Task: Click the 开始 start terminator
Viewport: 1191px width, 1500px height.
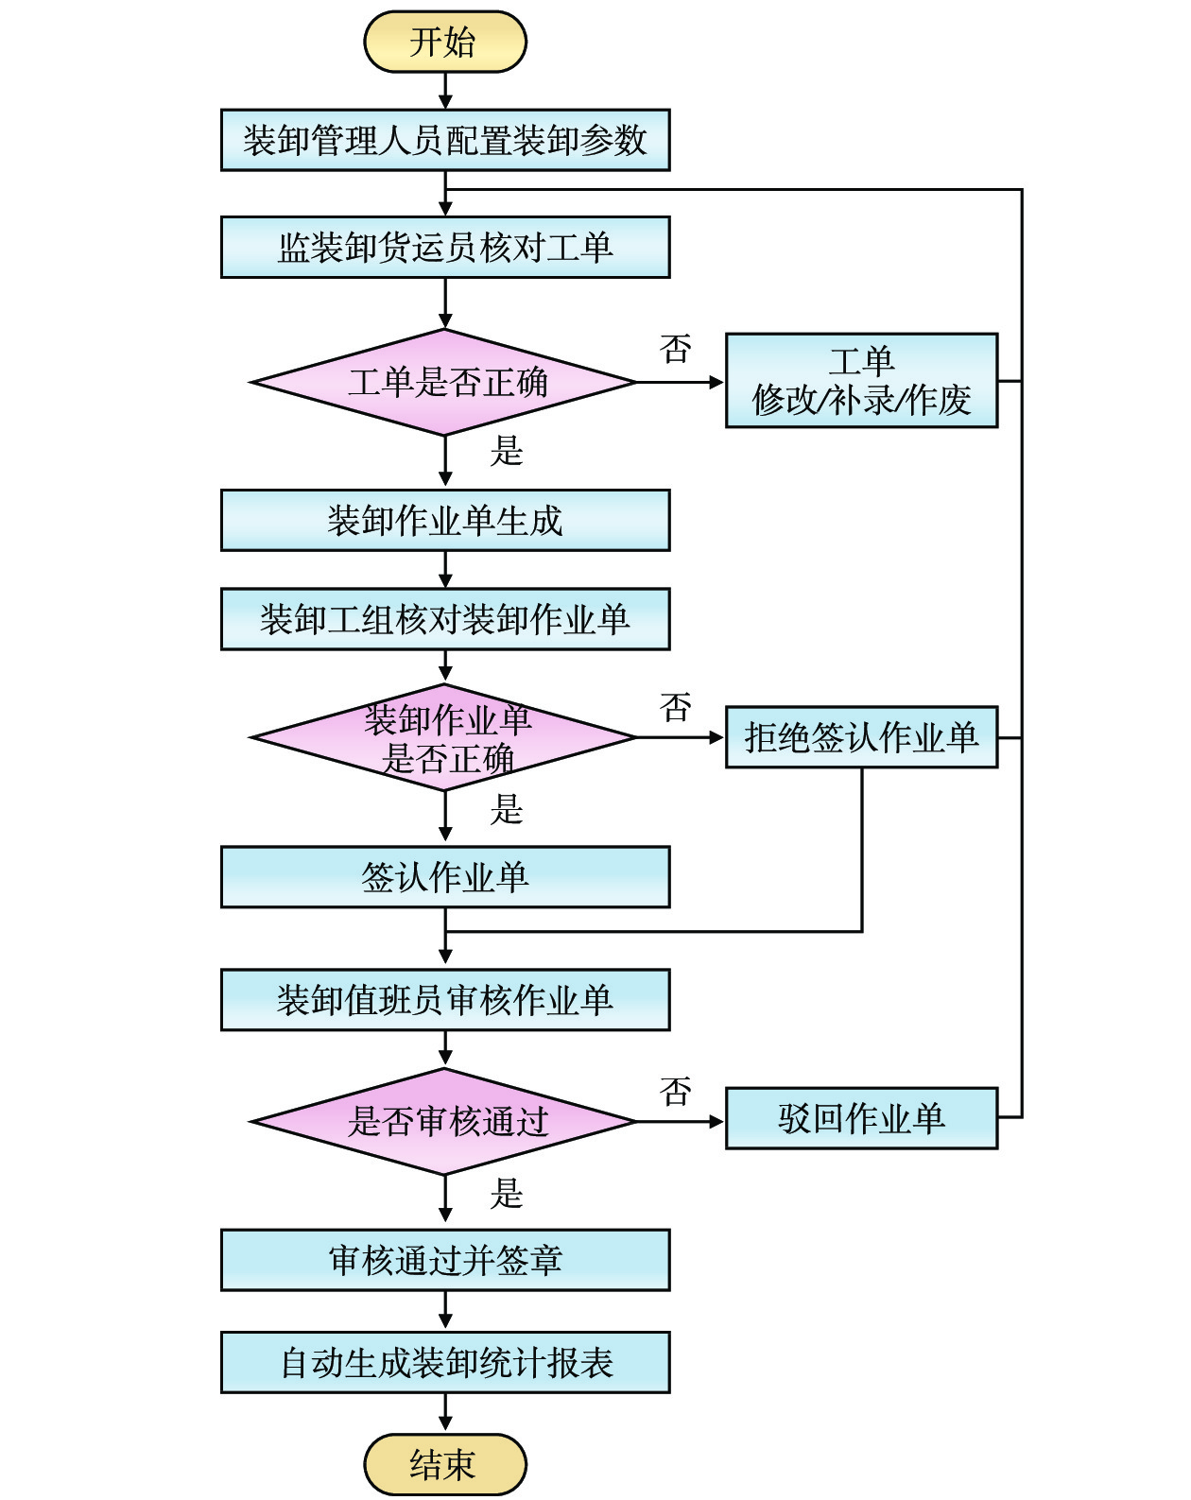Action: coord(444,42)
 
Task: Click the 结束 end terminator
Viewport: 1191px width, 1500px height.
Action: coord(444,1464)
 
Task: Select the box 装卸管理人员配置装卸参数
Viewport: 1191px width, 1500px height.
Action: coord(444,140)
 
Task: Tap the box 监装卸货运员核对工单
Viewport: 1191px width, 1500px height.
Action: coord(444,247)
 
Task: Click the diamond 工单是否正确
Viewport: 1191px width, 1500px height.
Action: coord(444,382)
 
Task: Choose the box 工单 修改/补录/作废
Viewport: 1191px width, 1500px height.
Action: coord(861,380)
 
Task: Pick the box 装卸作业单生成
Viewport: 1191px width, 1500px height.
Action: coord(444,520)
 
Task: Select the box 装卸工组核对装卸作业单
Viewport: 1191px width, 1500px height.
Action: coord(444,619)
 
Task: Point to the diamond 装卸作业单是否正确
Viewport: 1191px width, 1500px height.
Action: coord(444,737)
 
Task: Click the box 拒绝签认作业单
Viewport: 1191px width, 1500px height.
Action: coord(861,737)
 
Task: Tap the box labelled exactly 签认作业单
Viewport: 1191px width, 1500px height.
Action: coord(444,877)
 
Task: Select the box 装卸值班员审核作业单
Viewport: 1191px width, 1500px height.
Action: coord(444,999)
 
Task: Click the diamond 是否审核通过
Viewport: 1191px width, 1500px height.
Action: coord(444,1121)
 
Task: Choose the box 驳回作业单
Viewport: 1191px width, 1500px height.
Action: coord(861,1118)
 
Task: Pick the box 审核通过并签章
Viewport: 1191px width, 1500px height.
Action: coord(444,1260)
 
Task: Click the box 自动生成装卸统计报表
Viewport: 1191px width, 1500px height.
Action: coord(444,1362)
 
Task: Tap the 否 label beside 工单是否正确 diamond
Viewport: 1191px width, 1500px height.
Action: coord(676,349)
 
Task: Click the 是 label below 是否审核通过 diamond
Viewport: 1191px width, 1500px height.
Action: coord(507,1193)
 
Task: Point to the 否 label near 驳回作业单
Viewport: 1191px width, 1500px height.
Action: coord(676,1092)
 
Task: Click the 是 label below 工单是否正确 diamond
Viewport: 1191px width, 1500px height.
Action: coord(507,451)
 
